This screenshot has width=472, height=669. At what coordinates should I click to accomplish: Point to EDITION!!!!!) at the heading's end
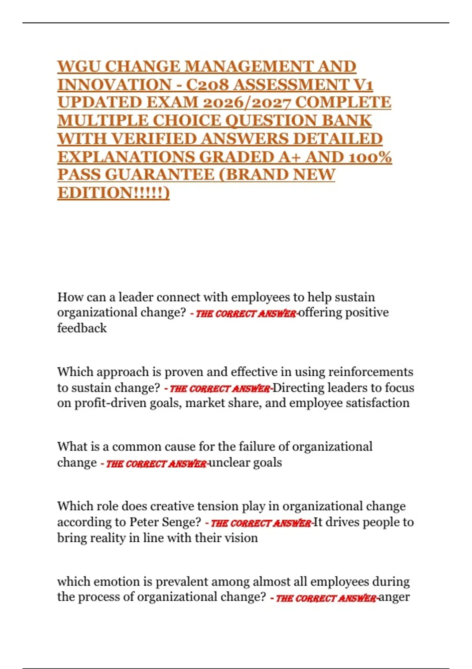[113, 193]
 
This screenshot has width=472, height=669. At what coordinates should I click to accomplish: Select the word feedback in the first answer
[82, 328]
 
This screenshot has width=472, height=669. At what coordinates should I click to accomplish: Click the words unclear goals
[245, 462]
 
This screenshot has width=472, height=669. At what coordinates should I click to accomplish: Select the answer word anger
[394, 597]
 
